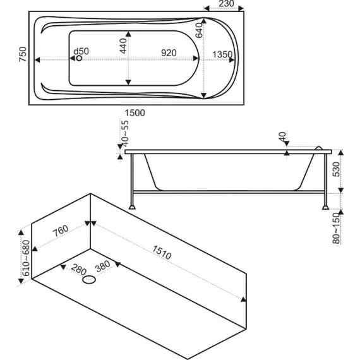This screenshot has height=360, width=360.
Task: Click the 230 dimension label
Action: (226, 4)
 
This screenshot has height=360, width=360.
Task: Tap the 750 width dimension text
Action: (23, 54)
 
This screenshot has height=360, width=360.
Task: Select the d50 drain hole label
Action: (81, 51)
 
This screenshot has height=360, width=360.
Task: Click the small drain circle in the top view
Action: (79, 58)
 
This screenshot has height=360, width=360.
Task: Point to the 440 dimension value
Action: (123, 46)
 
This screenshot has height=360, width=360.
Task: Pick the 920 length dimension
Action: (169, 53)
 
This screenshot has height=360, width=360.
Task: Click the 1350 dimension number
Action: (222, 55)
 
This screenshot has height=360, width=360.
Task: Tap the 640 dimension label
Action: (199, 30)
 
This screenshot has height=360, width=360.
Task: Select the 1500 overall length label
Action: (135, 113)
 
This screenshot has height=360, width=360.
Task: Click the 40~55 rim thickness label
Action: (125, 134)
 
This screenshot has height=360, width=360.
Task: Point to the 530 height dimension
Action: (336, 169)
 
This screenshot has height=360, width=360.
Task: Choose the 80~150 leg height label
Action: (336, 228)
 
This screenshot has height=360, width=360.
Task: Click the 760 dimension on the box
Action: (61, 231)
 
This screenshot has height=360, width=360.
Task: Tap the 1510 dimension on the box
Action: (162, 253)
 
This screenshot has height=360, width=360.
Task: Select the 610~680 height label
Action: (26, 258)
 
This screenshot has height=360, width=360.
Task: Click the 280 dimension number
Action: (78, 269)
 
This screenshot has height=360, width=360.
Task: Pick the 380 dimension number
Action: (103, 266)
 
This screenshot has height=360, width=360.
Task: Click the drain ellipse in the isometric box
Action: (89, 280)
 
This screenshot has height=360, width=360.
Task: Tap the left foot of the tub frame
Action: (132, 207)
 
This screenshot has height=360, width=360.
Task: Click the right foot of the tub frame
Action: (325, 207)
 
